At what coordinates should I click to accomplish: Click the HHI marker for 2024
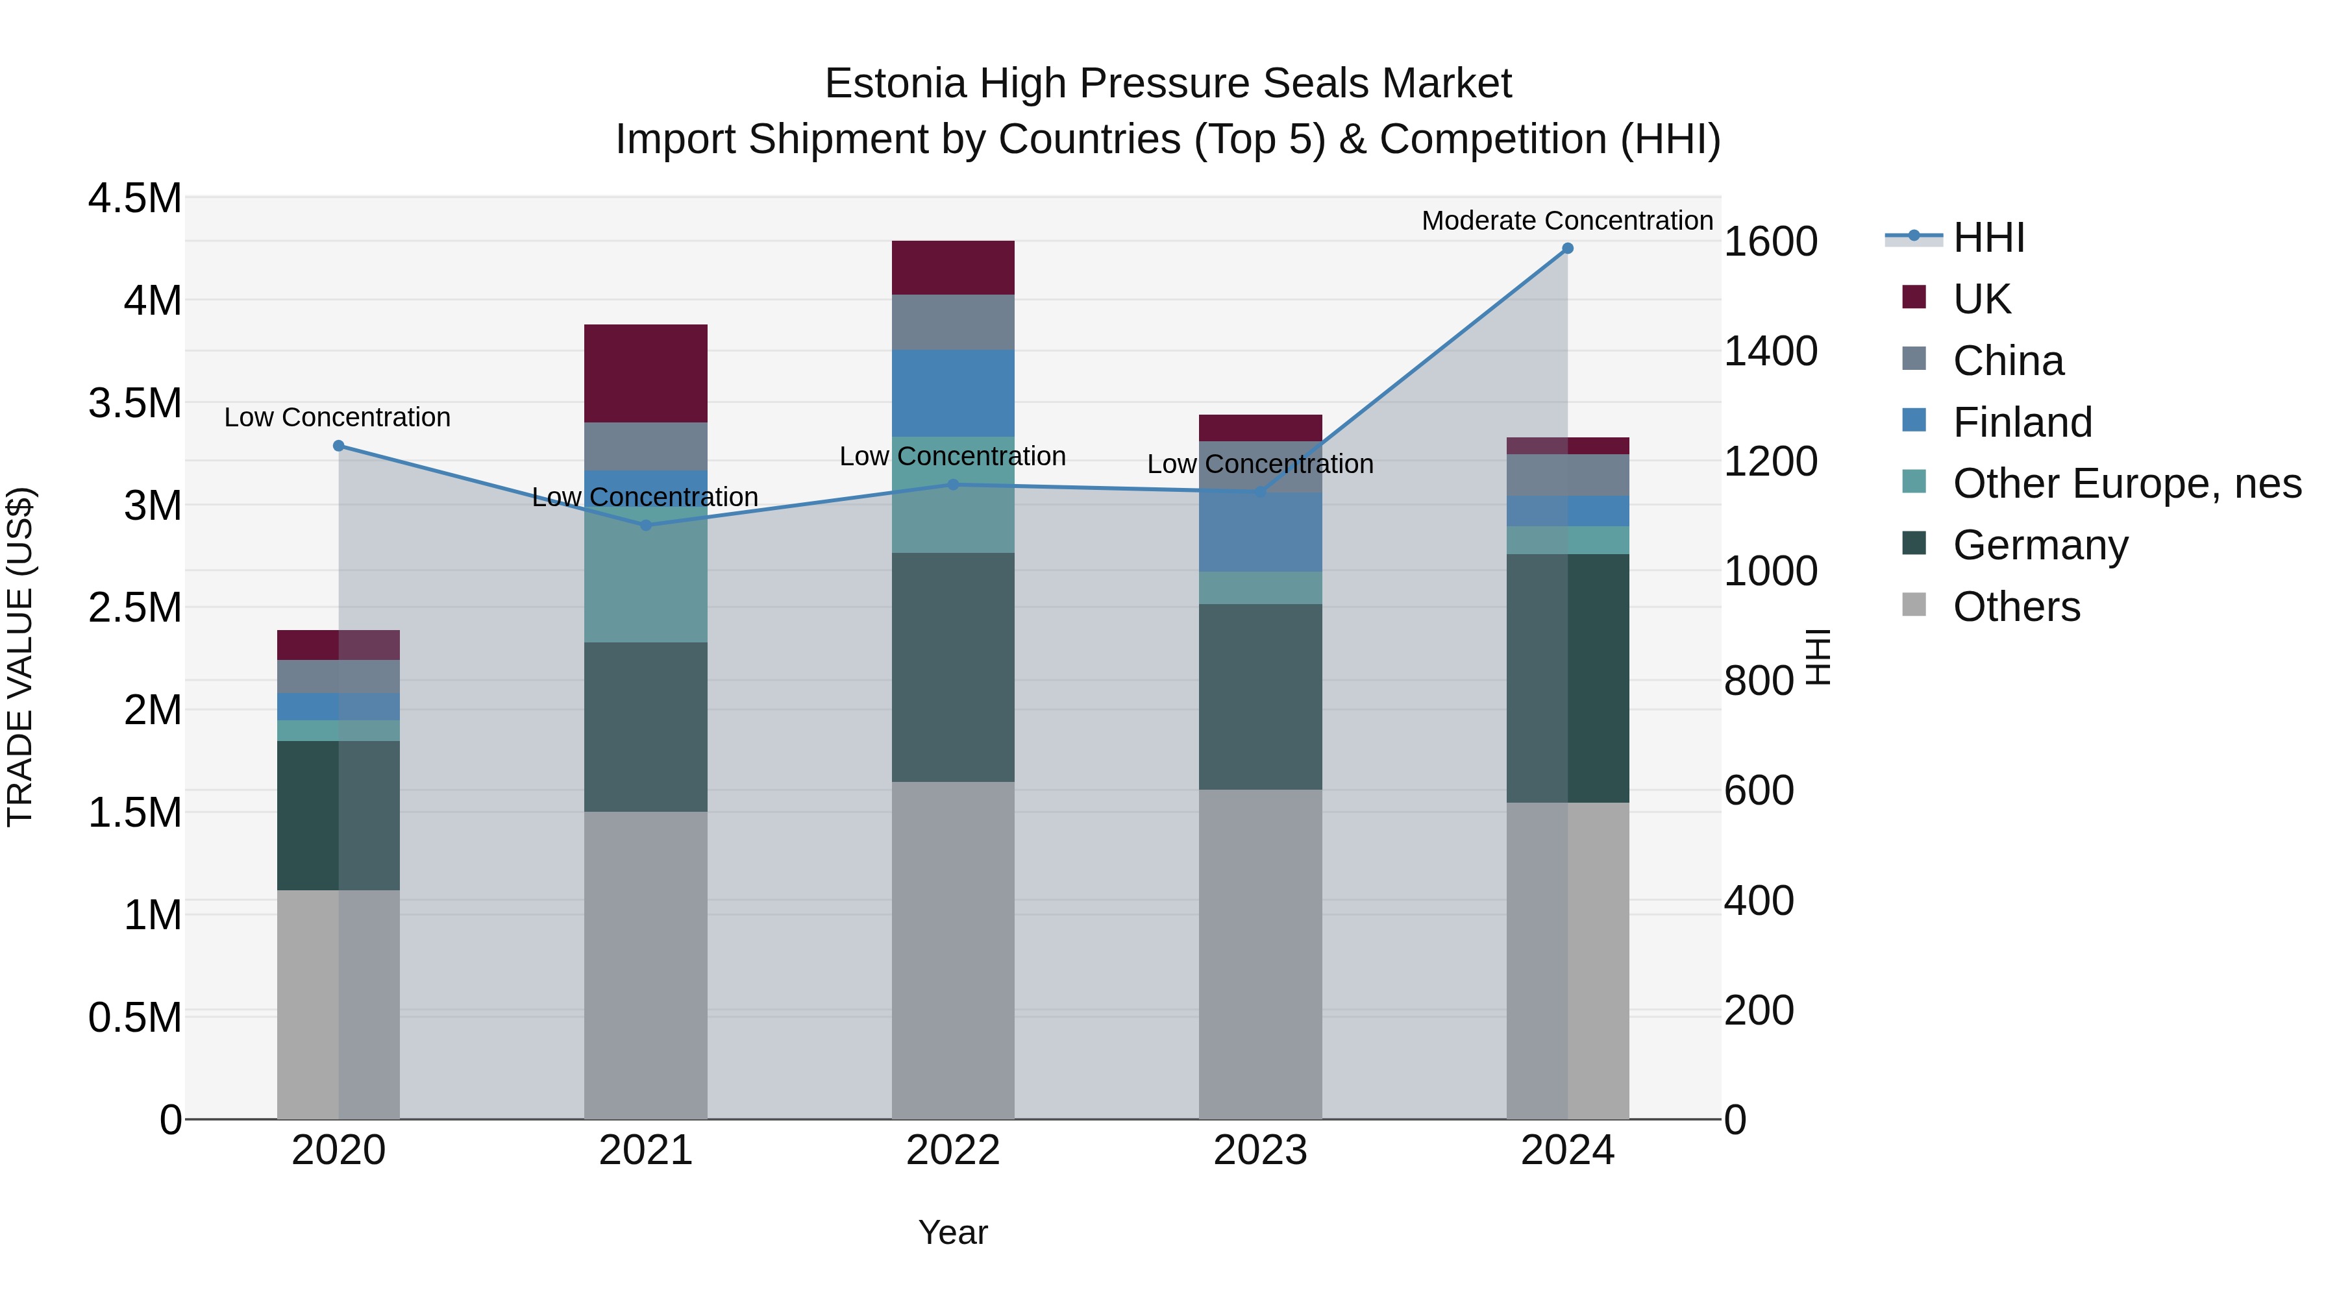[1567, 249]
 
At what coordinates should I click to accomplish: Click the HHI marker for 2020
[338, 445]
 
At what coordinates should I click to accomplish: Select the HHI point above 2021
[646, 525]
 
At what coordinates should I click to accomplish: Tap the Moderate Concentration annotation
[1567, 221]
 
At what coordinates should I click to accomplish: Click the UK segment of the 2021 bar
[645, 372]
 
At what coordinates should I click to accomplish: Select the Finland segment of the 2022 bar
[952, 393]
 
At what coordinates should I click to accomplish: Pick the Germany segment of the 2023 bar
[1260, 696]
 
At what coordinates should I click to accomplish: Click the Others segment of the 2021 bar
[645, 964]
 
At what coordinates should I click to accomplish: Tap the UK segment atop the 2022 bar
[952, 267]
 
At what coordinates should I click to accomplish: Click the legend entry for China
[2008, 361]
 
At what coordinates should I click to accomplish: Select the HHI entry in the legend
[1988, 237]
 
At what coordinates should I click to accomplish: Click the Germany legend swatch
[1913, 543]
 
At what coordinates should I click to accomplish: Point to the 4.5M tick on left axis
[134, 198]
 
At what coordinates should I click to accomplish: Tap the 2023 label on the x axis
[1260, 1150]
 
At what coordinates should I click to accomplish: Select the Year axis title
[952, 1232]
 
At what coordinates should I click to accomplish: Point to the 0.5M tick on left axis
[134, 1017]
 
